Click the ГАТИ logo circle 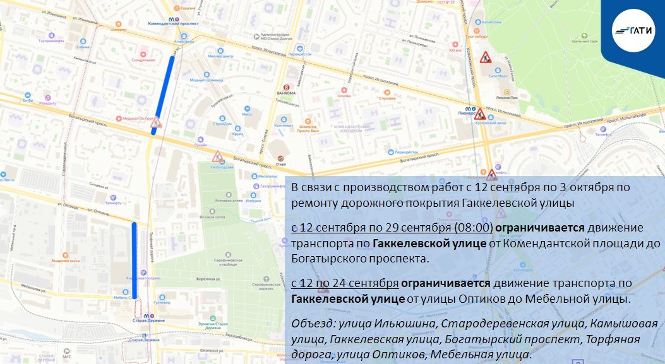(x=633, y=30)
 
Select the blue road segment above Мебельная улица (x=134, y=259)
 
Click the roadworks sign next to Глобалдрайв (x=217, y=156)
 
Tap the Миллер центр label (x=224, y=56)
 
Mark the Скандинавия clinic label (x=143, y=60)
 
